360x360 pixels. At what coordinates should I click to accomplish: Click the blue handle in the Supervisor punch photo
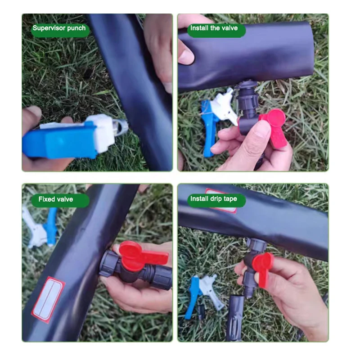58,140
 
